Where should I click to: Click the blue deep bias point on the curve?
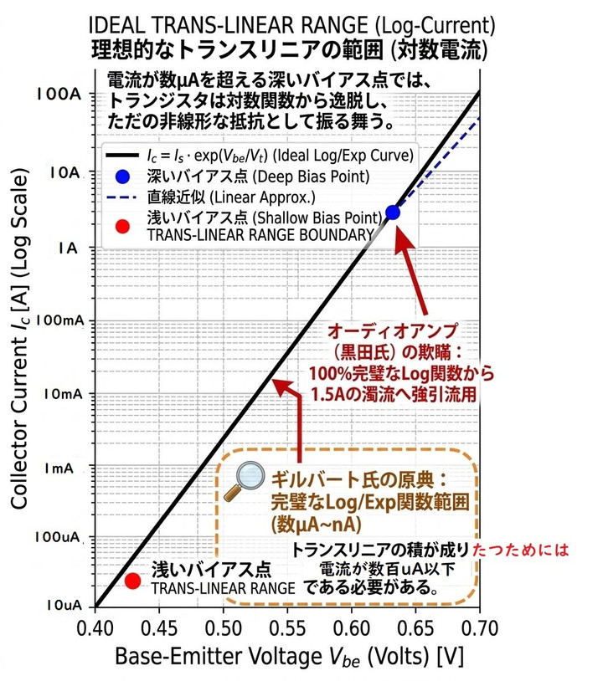pyautogui.click(x=393, y=212)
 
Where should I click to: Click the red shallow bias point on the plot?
pyautogui.click(x=132, y=581)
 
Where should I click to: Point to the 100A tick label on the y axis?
pyautogui.click(x=59, y=94)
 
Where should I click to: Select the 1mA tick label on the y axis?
pyautogui.click(x=59, y=469)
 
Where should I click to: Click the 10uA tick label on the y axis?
pyautogui.click(x=64, y=605)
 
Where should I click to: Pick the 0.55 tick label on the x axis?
pyautogui.click(x=287, y=629)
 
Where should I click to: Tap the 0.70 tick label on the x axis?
pyautogui.click(x=480, y=629)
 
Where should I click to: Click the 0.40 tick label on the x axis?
pyautogui.click(x=95, y=629)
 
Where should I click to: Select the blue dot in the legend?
pyautogui.click(x=122, y=177)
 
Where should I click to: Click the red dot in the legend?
pyautogui.click(x=122, y=226)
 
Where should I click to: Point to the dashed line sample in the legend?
pyautogui.click(x=121, y=197)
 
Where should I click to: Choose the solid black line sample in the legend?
pyautogui.click(x=122, y=155)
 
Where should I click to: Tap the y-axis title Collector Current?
pyautogui.click(x=19, y=339)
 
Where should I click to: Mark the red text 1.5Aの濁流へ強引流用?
pyautogui.click(x=394, y=394)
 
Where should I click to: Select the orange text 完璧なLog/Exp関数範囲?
pyautogui.click(x=370, y=502)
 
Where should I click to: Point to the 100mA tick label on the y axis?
pyautogui.click(x=59, y=320)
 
